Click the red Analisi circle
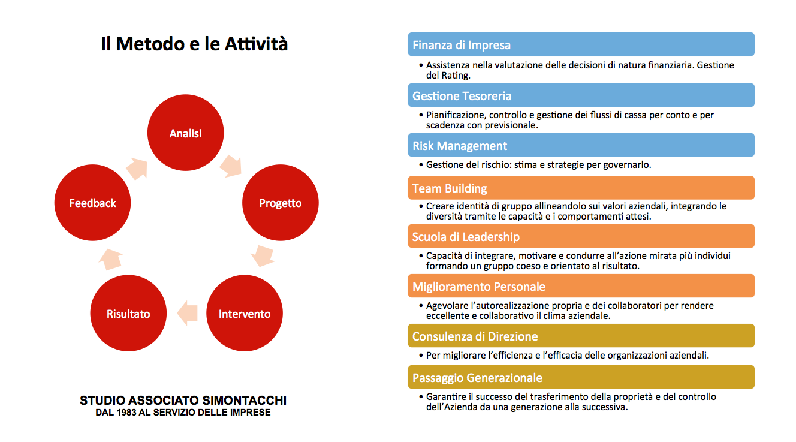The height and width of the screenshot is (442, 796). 185,133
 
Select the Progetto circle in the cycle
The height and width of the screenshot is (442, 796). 281,203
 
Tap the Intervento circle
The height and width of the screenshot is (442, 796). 245,313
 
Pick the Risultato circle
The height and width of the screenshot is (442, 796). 128,313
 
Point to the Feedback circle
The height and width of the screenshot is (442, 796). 92,203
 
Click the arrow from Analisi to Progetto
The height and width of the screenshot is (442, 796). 231,166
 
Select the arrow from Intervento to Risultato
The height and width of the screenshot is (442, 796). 187,313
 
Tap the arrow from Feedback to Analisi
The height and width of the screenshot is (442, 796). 137,169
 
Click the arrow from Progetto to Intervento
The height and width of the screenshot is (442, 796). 263,255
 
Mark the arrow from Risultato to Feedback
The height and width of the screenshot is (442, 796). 110,260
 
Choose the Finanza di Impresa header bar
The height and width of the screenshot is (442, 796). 581,44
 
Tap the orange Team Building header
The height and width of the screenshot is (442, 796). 581,188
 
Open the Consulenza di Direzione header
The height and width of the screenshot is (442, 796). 581,336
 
